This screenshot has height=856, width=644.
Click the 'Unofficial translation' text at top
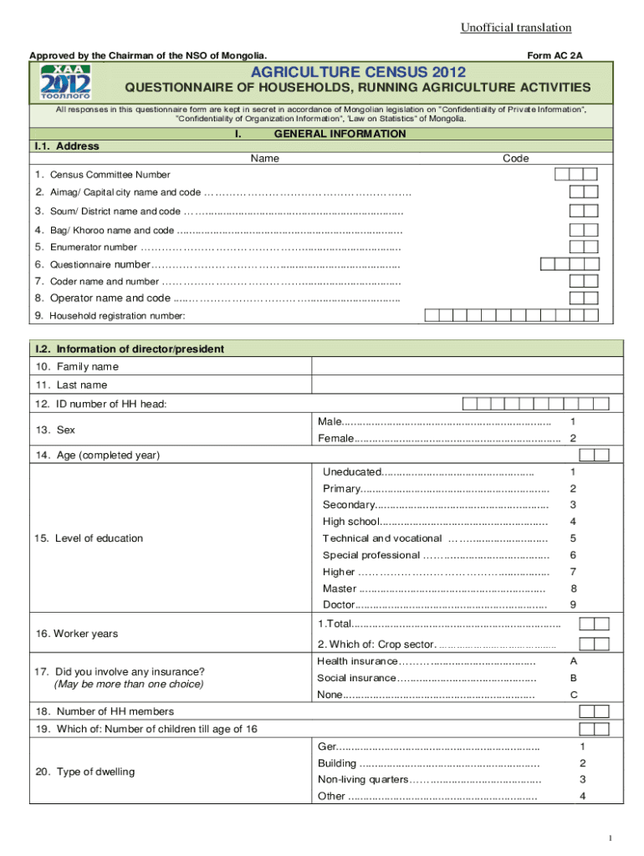click(x=515, y=28)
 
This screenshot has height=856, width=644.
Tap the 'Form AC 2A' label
click(x=555, y=55)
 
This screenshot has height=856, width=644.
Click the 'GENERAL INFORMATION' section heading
click(x=340, y=134)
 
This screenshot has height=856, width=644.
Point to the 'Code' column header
click(x=515, y=158)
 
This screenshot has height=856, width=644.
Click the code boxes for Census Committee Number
click(x=576, y=175)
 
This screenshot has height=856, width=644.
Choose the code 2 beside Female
click(x=573, y=439)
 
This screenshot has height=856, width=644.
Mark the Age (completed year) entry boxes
click(x=593, y=455)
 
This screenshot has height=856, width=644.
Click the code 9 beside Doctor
click(x=573, y=604)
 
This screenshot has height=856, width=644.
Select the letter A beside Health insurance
click(x=573, y=661)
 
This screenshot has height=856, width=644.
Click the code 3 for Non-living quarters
click(x=583, y=779)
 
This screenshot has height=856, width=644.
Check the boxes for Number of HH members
click(x=593, y=711)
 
